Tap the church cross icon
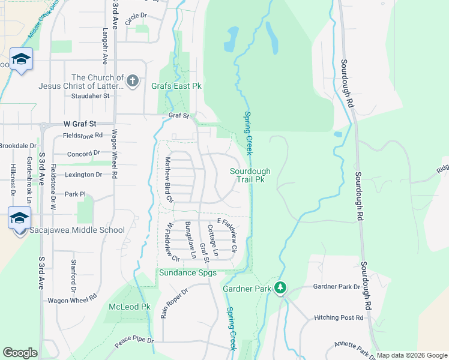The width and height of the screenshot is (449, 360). click(x=133, y=80)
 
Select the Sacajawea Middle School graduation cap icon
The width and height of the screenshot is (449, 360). click(x=20, y=218)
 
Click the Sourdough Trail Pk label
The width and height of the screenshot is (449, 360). click(x=250, y=175)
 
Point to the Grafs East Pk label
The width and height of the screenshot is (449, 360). click(x=176, y=86)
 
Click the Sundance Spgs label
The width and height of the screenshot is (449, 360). click(x=187, y=273)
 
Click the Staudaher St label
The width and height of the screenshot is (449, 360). click(x=89, y=95)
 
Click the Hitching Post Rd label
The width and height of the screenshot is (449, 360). click(x=339, y=317)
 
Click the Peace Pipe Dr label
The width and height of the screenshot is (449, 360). click(x=134, y=341)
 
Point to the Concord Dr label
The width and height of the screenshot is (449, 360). click(x=83, y=154)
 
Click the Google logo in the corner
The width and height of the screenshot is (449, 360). click(x=20, y=353)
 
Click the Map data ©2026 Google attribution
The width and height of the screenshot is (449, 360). click(x=412, y=355)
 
